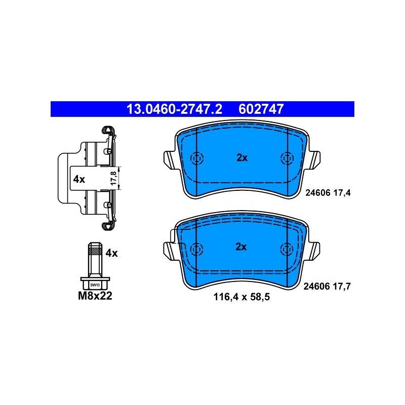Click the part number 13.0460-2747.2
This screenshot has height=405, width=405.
(x=174, y=109)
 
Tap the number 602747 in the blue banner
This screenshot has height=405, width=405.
(x=261, y=109)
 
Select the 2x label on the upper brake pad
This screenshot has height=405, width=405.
(x=242, y=157)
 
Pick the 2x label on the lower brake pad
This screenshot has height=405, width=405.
(x=241, y=247)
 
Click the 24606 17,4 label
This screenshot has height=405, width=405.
(x=328, y=193)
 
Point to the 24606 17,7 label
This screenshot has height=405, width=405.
(x=327, y=286)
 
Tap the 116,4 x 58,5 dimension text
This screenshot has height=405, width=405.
(x=241, y=297)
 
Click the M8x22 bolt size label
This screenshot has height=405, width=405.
(x=95, y=296)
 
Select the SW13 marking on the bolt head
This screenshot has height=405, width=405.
(x=95, y=285)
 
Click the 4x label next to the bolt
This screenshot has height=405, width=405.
(x=111, y=253)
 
